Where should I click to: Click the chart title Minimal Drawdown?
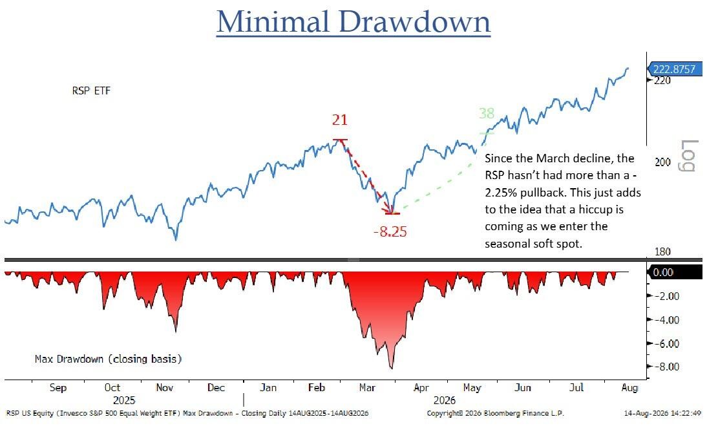[354, 22]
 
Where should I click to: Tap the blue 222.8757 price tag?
[674, 69]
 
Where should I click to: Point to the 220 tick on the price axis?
[662, 81]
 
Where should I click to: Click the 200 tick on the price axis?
[662, 162]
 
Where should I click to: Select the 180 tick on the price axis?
[662, 251]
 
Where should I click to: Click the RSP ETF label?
[91, 91]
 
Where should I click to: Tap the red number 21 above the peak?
[340, 120]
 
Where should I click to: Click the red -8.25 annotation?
[390, 231]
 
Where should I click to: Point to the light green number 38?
[486, 112]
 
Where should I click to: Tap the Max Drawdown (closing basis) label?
[108, 359]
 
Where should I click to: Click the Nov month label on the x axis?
[164, 388]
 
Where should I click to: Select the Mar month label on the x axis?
[367, 388]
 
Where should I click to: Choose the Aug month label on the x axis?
[629, 388]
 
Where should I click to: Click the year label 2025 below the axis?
[124, 400]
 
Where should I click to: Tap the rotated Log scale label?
[688, 156]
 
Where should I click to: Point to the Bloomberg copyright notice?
[495, 413]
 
